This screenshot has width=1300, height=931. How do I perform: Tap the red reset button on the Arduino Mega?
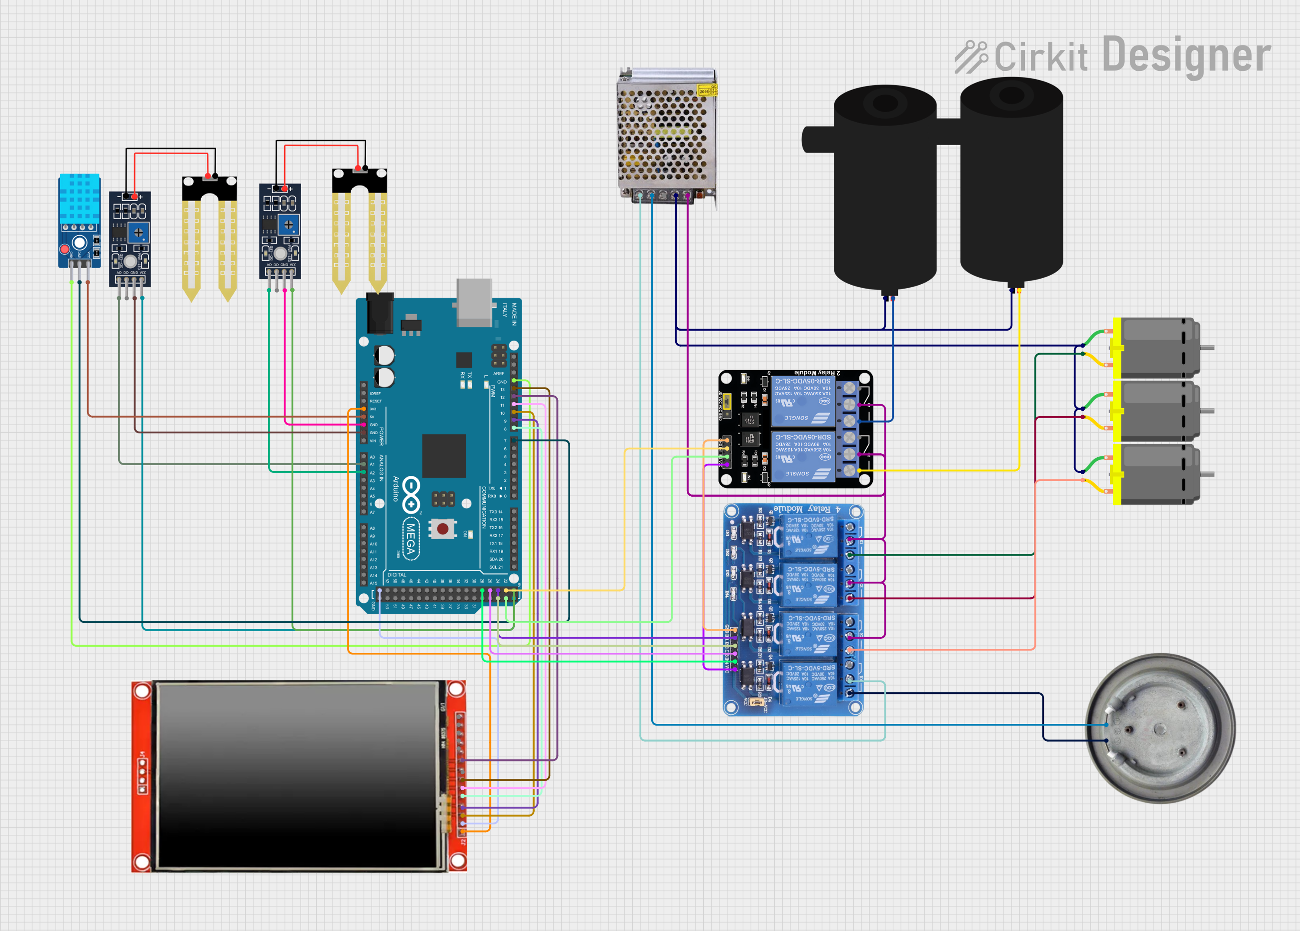tap(442, 528)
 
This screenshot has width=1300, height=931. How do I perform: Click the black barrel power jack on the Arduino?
tap(380, 313)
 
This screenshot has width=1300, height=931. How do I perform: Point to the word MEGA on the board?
tap(410, 539)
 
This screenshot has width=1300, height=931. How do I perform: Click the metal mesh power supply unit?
tap(666, 135)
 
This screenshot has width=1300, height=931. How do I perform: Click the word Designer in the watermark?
tap(1186, 55)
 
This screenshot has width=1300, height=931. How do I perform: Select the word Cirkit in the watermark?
tap(1041, 57)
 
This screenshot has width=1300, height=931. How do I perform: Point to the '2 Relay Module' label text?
tap(817, 373)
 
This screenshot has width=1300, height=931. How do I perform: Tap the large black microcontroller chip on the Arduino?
tap(444, 456)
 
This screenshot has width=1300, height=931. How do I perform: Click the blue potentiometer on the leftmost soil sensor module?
tap(138, 233)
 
